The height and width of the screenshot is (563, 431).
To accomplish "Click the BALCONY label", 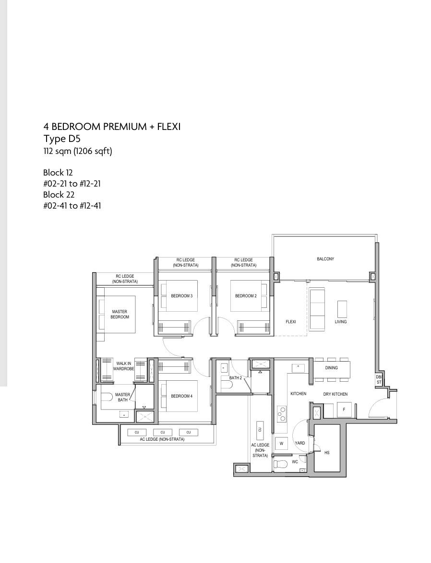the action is pos(325,259).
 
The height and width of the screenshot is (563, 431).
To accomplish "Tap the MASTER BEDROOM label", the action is pos(120,315).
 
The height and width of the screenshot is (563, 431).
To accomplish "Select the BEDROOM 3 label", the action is pos(181,296).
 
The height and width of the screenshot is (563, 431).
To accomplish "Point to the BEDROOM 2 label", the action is pos(246,296).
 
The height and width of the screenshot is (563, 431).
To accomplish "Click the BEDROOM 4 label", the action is pos(181,396).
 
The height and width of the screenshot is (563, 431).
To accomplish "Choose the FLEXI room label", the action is pos(291,322).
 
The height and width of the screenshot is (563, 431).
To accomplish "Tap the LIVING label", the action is pos(341,322).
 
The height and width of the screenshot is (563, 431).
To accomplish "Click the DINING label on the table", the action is pos(332,368).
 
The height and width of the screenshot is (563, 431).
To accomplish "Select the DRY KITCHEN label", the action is pos(335,394).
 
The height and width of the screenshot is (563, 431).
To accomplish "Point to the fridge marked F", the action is pos(344,410).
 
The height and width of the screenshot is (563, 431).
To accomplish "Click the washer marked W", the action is pos(281,444).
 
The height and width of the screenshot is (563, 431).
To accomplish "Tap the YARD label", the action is pos(300,443).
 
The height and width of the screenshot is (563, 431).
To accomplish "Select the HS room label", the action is pos(327,453).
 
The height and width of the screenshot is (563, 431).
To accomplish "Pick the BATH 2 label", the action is pos(236,378).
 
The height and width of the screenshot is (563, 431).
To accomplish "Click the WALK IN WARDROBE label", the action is pos(124,366).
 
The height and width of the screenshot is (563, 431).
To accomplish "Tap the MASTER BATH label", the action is pos(122,397).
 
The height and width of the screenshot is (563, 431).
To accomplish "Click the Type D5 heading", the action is pos(62,139).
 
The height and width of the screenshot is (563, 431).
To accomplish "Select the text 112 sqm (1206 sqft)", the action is pos(78,151).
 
